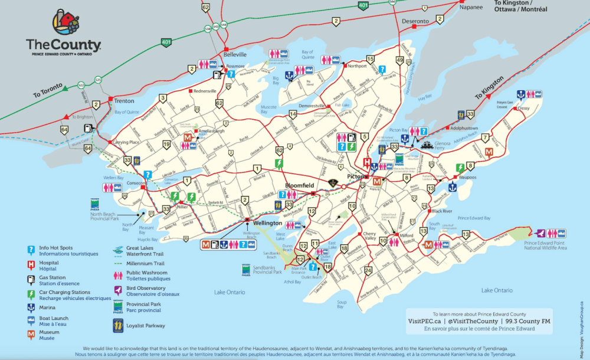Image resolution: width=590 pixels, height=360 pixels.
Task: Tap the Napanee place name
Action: (471, 8)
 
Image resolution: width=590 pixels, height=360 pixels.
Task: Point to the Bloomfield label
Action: (300, 185)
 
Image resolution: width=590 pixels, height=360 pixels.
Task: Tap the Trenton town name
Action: (124, 100)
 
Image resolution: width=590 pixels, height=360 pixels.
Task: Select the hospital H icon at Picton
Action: (367, 162)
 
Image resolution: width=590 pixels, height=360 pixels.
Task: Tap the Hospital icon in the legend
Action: (31, 265)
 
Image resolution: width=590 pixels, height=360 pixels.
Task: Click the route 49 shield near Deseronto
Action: (399, 60)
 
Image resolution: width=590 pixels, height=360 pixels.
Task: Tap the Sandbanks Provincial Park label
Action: (268, 272)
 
